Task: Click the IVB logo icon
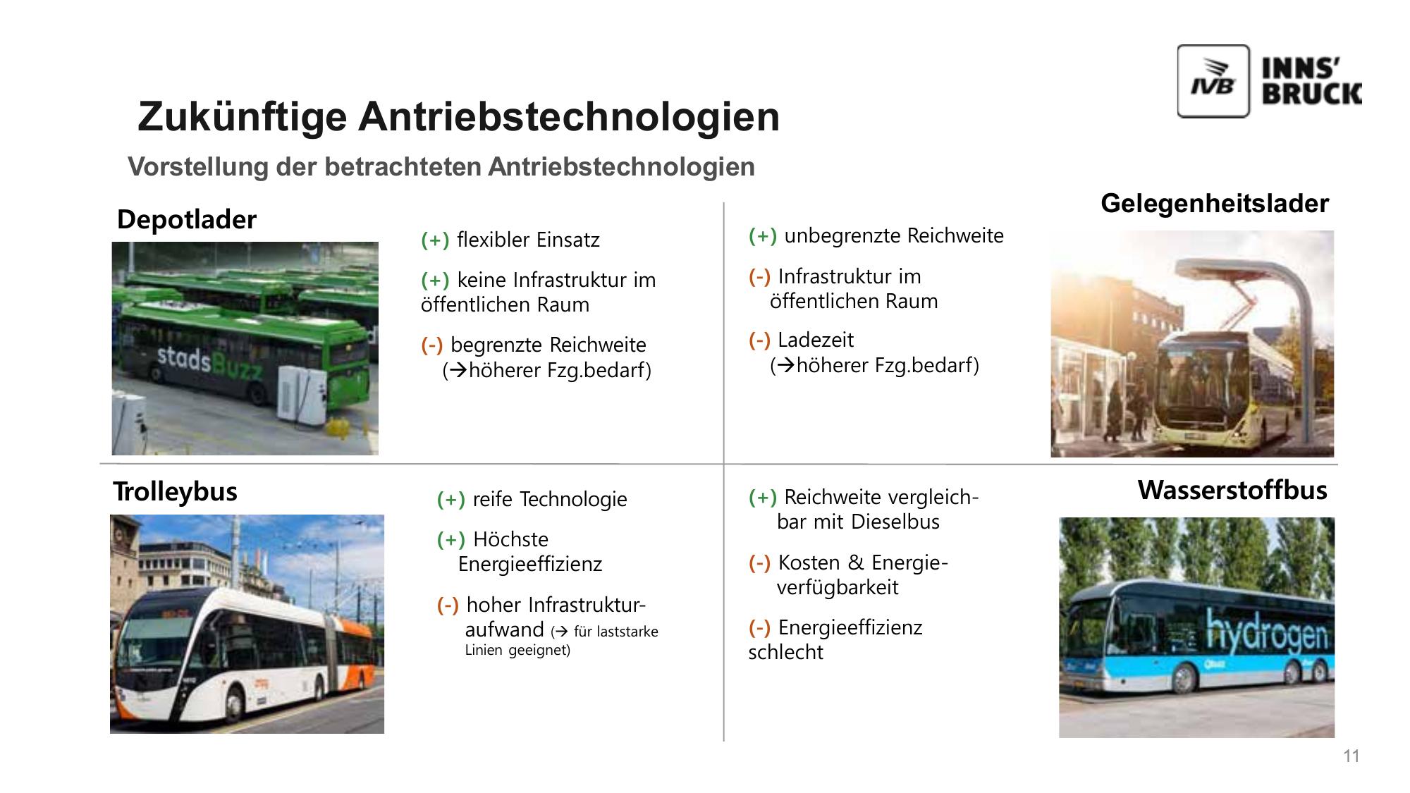(1213, 81)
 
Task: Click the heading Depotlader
(187, 219)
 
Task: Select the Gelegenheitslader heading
(1215, 204)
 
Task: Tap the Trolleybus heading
(175, 491)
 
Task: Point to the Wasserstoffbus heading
(1232, 490)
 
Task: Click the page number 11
(1351, 756)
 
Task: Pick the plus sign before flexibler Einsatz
(435, 240)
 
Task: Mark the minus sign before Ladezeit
(759, 340)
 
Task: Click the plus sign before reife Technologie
(451, 500)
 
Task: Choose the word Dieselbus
(895, 522)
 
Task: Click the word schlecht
(785, 653)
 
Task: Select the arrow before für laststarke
(561, 632)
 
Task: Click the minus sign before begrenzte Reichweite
(432, 345)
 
